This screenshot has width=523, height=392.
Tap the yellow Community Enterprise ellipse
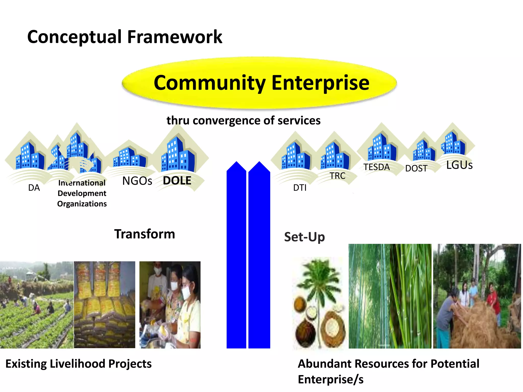click(259, 83)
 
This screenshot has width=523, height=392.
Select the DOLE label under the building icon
click(177, 181)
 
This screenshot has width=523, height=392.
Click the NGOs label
click(137, 181)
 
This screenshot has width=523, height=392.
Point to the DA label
click(34, 188)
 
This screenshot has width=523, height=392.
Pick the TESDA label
click(377, 167)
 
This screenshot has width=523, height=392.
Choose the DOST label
click(416, 168)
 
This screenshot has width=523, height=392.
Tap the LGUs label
click(459, 165)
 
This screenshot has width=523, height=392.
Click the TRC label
click(337, 176)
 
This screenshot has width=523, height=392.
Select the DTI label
click(300, 188)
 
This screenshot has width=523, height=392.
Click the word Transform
click(145, 234)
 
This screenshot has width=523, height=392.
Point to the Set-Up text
click(304, 237)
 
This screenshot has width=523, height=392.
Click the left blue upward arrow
click(236, 255)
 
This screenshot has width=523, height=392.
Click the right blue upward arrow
click(259, 255)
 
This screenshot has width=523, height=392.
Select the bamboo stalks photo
click(390, 296)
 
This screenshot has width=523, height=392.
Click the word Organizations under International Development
click(82, 204)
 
